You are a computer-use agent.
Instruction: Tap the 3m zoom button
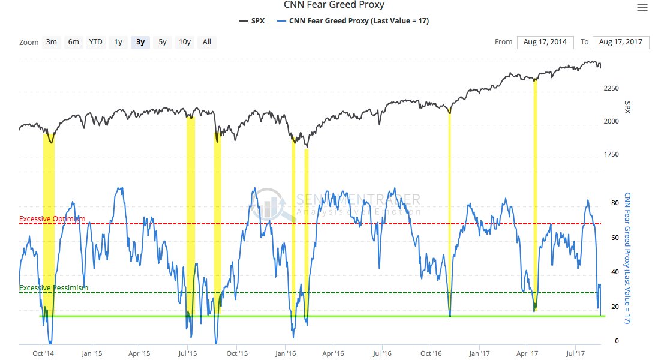coord(52,42)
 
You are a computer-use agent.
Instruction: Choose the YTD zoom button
coord(95,42)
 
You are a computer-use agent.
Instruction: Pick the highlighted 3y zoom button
coord(140,42)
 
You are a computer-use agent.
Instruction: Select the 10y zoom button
coord(184,42)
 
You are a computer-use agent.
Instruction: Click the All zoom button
coord(207,42)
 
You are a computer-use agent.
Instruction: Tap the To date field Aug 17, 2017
coord(621,42)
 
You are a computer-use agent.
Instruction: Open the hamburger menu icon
coord(642,7)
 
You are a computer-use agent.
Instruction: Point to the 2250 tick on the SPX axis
coord(611,89)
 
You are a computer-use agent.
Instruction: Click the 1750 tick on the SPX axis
coord(611,154)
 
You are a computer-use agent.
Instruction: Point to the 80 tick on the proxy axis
coord(615,203)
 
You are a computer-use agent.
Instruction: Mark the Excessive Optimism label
coord(52,219)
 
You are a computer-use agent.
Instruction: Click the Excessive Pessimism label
coord(53,288)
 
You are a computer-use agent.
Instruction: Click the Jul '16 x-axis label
coord(382,353)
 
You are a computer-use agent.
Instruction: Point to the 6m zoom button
coord(73,42)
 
